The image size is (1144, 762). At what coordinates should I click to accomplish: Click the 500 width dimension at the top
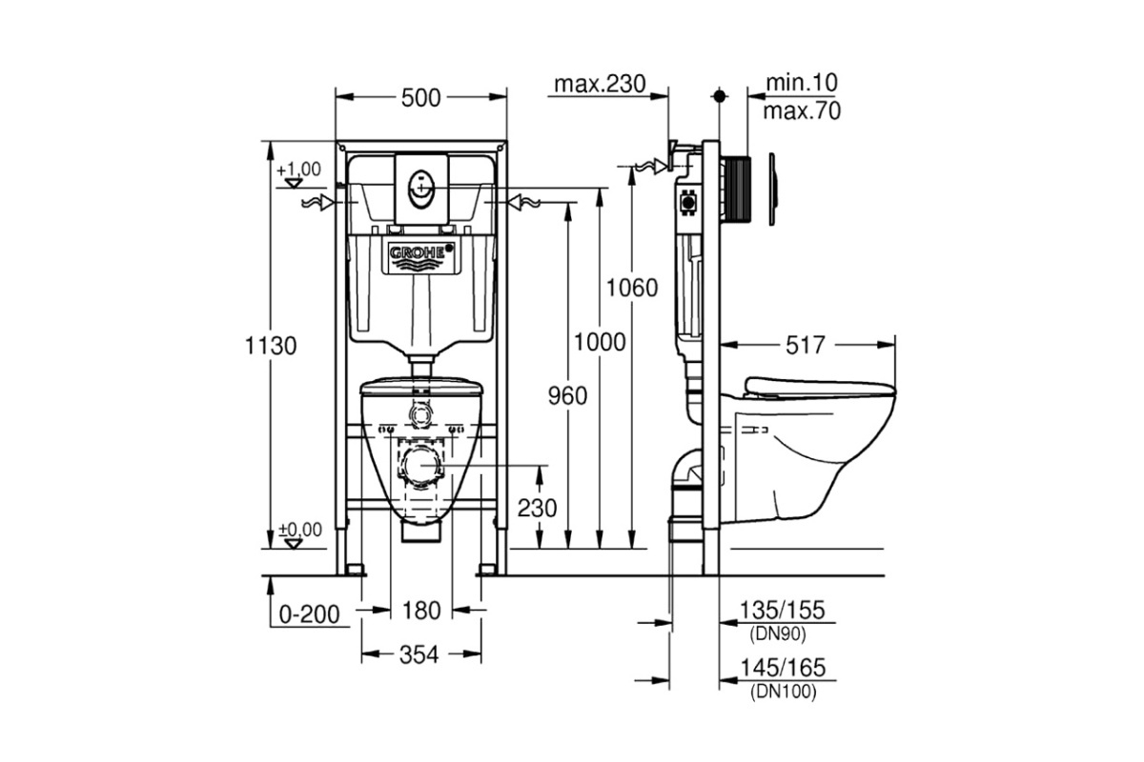pyautogui.click(x=420, y=98)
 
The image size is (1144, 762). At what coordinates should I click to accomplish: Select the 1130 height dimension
pyautogui.click(x=271, y=346)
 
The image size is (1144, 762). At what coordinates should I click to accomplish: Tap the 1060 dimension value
pyautogui.click(x=632, y=288)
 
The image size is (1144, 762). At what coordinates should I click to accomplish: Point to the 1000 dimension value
pyautogui.click(x=600, y=342)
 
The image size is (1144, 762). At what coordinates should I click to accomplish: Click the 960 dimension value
pyautogui.click(x=567, y=395)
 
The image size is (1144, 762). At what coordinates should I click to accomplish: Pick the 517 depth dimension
pyautogui.click(x=806, y=345)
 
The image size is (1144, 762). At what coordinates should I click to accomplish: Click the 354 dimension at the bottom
pyautogui.click(x=419, y=654)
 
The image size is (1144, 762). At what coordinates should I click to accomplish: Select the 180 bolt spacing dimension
pyautogui.click(x=421, y=611)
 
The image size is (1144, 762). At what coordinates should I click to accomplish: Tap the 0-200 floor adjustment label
pyautogui.click(x=310, y=614)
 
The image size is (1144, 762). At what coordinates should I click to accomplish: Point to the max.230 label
pyautogui.click(x=600, y=84)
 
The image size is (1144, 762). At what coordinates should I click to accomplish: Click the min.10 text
pyautogui.click(x=802, y=82)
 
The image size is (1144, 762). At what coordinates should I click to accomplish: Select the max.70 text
pyautogui.click(x=802, y=111)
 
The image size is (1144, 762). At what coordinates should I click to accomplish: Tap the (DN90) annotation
pyautogui.click(x=778, y=634)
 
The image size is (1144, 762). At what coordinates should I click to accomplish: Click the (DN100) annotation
pyautogui.click(x=784, y=692)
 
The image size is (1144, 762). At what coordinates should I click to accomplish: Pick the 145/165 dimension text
pyautogui.click(x=783, y=668)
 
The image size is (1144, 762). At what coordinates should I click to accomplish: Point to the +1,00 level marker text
pyautogui.click(x=298, y=169)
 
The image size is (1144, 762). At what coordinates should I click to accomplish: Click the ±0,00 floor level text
pyautogui.click(x=300, y=530)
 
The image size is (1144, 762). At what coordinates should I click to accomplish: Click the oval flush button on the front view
pyautogui.click(x=420, y=189)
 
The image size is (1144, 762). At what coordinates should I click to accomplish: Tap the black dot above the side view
pyautogui.click(x=720, y=95)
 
